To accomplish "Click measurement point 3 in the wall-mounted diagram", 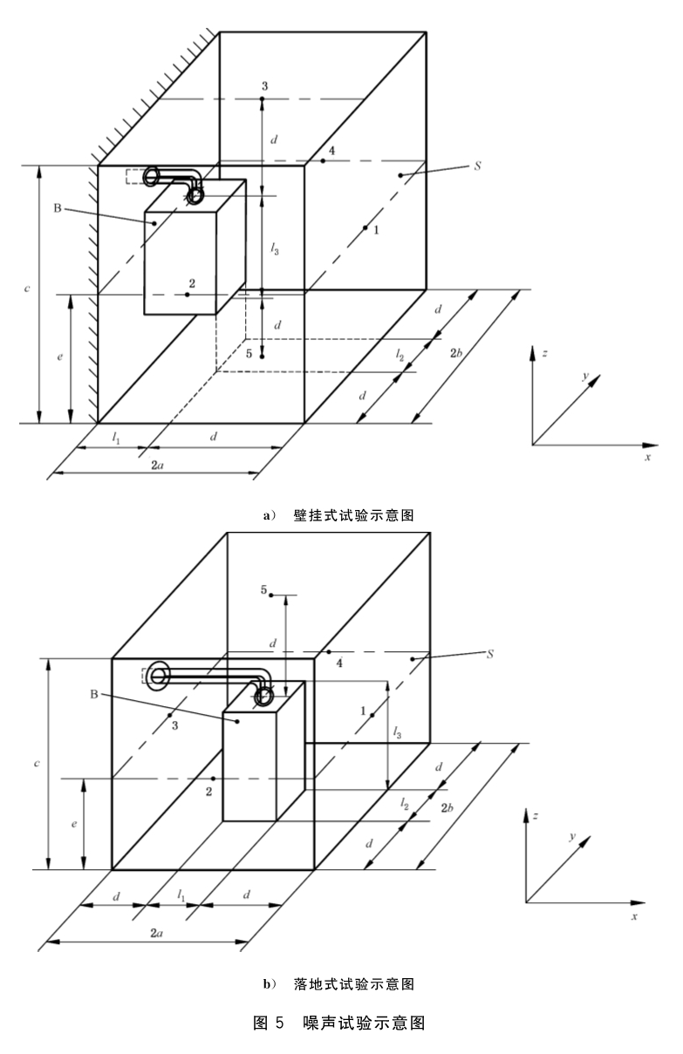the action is pos(263,99).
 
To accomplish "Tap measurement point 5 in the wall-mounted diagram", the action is pos(263,357).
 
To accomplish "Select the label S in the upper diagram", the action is pos(477,167).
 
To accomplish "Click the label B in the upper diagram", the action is pos(58,208).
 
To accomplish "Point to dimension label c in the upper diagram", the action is pos(27,288).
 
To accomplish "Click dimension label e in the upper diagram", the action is pos(60,357).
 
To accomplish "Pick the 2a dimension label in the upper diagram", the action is pos(157,466).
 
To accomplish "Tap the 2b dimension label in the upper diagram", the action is pos(455,352).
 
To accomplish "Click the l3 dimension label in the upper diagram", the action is pos(275,249).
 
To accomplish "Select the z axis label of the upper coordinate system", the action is pos(544,353).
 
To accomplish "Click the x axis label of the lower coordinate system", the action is pos(634,916).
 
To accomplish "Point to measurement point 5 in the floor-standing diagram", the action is pos(271,595).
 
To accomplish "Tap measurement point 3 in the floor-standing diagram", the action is pos(169,715).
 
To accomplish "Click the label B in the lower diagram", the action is pos(94,695).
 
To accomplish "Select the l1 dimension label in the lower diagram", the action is pos(181,895).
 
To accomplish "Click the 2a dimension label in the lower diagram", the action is pos(156,933).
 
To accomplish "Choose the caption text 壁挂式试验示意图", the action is pos(353,516).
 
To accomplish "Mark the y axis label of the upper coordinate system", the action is pos(585,376).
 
